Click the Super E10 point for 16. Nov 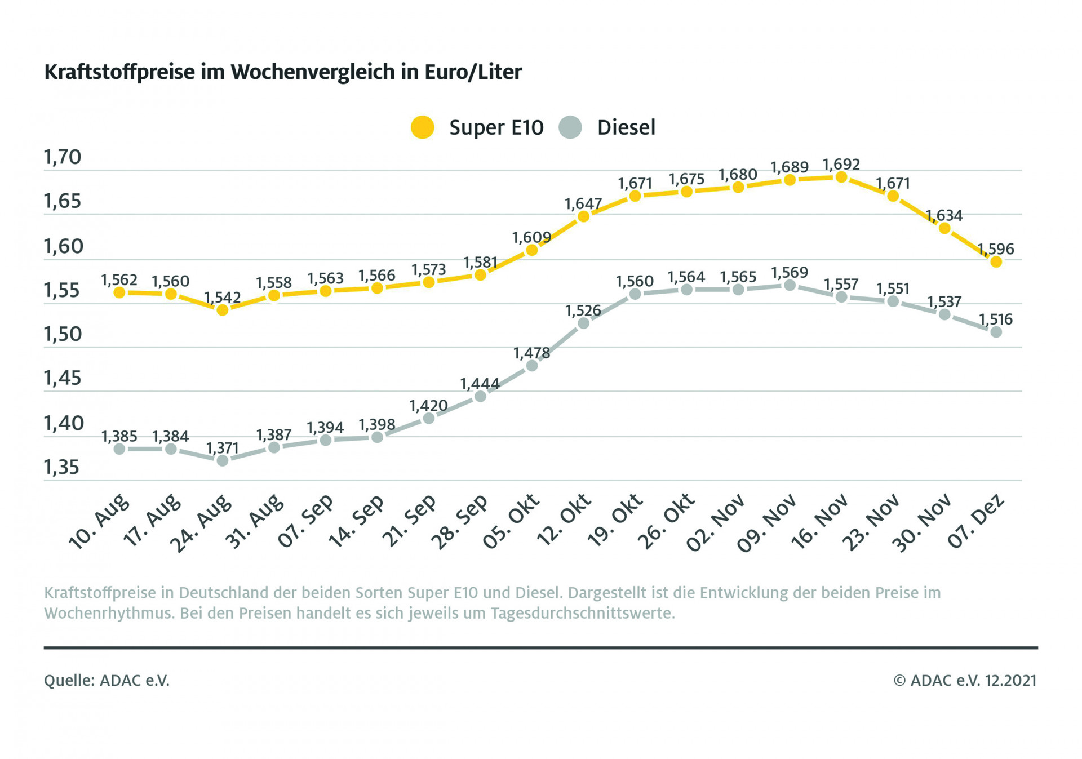pos(841,177)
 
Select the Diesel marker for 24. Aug pos(223,460)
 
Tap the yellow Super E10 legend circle pos(423,127)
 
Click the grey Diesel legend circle pos(570,127)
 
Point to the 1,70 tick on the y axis pos(63,157)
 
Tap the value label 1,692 pos(841,165)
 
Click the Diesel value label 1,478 pos(531,353)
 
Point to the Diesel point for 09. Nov pos(790,286)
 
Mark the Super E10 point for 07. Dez pos(996,261)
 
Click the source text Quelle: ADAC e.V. pos(107,681)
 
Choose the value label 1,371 pos(223,448)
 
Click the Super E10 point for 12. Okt pos(584,216)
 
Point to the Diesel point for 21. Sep pos(428,418)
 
